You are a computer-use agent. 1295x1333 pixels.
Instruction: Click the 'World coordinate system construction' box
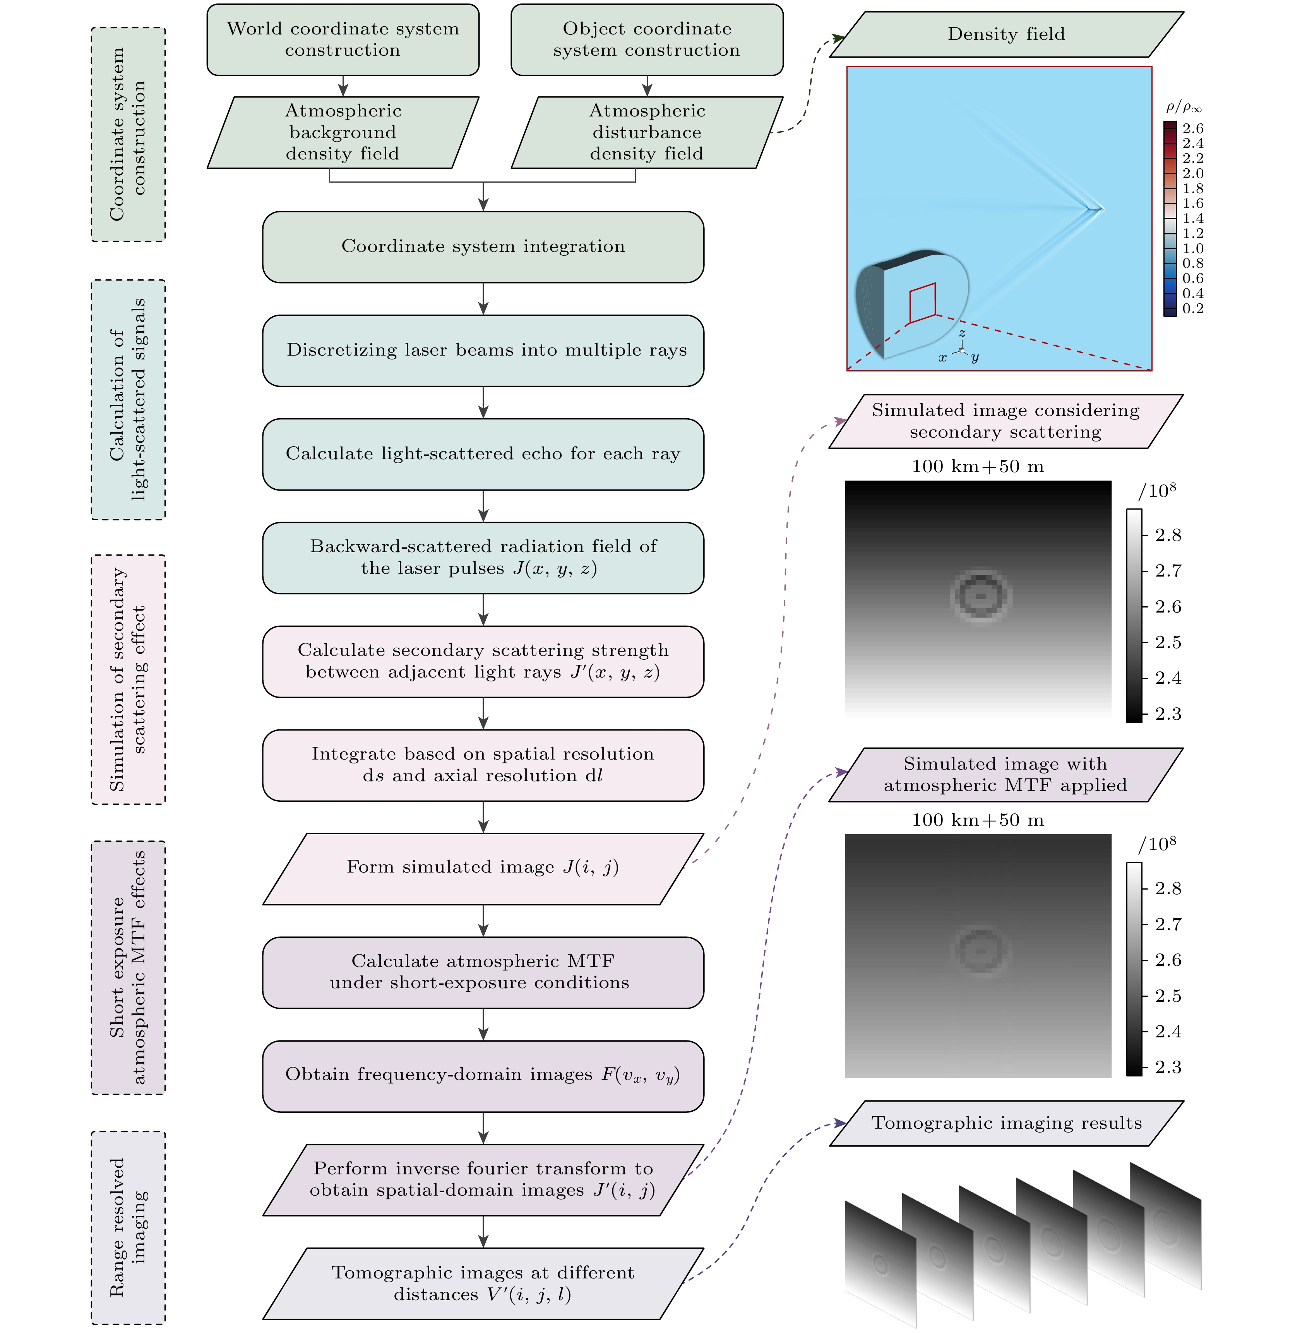pos(343,39)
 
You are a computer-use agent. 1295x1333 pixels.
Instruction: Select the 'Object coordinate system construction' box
pos(647,39)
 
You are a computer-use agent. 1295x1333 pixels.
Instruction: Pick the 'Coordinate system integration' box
pos(483,246)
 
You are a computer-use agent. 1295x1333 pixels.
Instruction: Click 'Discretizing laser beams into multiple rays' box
pos(483,350)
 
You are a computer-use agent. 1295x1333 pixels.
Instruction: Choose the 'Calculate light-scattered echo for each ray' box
pos(483,453)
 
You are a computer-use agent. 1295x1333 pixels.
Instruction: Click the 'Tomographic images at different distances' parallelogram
pos(483,1283)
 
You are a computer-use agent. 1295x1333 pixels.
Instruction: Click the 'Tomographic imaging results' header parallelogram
pos(1007,1123)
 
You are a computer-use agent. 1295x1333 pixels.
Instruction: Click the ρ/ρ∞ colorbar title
pos(1184,107)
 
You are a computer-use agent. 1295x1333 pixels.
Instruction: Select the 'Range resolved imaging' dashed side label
pos(128,1228)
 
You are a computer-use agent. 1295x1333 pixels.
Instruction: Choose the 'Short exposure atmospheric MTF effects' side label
pos(128,967)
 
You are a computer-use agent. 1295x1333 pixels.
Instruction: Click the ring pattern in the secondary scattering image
pos(980,596)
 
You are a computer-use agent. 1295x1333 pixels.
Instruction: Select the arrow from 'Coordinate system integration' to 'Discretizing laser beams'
pos(483,299)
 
